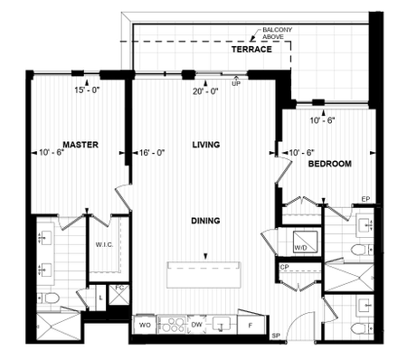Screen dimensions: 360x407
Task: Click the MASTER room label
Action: (80, 145)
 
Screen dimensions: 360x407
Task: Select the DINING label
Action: (207, 220)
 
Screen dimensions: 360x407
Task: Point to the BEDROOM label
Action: (329, 165)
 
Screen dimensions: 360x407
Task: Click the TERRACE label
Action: (251, 50)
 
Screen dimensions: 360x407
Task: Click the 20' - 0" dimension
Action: (207, 90)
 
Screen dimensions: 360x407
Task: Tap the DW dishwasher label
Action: (196, 322)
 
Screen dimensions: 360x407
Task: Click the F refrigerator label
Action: (251, 322)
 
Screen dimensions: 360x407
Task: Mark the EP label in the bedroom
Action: (366, 199)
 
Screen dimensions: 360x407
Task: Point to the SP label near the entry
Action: (276, 336)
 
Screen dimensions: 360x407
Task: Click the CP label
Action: (284, 268)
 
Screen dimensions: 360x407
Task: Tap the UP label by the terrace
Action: (236, 84)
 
